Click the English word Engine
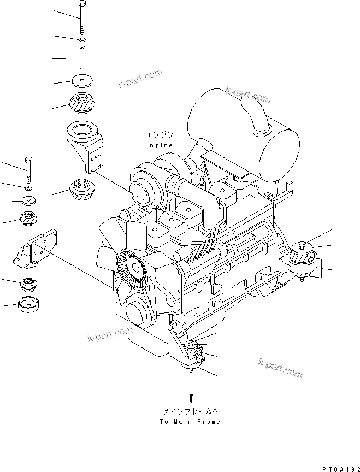[x=159, y=145]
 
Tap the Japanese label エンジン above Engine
[x=160, y=134]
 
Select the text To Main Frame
[x=190, y=422]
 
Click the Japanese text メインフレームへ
[x=190, y=411]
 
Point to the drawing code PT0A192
[x=341, y=469]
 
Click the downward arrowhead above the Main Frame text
[x=191, y=399]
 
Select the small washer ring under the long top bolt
[x=82, y=39]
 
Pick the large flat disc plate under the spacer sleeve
[x=82, y=81]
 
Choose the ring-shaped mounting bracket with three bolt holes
[x=85, y=144]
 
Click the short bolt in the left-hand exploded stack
[x=28, y=170]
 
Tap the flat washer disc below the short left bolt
[x=28, y=200]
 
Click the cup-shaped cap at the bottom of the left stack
[x=28, y=304]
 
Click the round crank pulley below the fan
[x=140, y=310]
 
